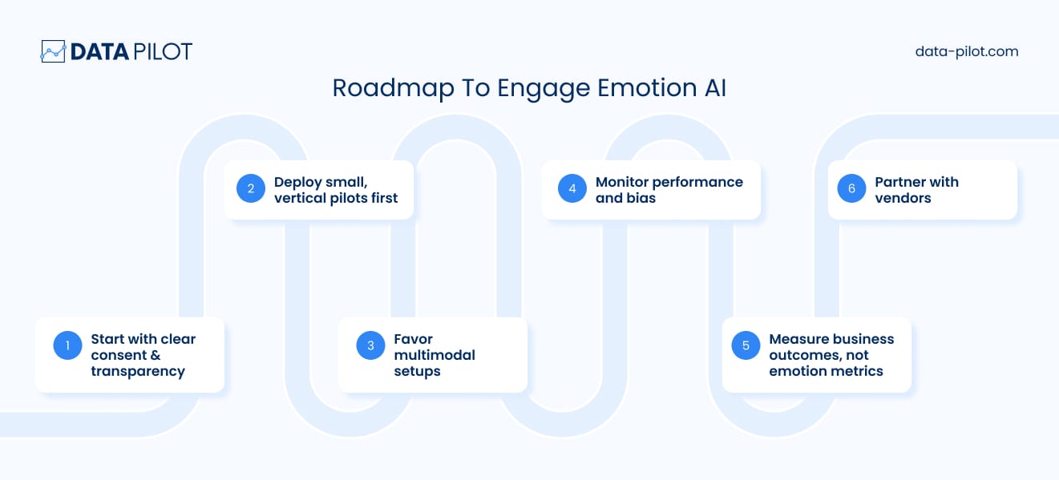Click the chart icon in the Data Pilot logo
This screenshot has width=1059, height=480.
pos(53,51)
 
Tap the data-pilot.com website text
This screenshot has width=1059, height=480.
pos(967,51)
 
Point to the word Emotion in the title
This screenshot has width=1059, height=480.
pos(647,88)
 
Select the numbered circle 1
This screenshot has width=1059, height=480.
pos(67,345)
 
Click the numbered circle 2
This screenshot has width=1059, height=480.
pos(251,188)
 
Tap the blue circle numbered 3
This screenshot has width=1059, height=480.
pos(370,345)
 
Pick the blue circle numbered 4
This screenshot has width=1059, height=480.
pos(572,188)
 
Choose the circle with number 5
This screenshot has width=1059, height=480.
pos(746,345)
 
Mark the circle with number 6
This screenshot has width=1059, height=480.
pos(851,188)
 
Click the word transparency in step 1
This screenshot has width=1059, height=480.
pos(138,372)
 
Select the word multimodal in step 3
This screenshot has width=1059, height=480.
pos(435,355)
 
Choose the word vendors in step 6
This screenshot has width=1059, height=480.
pos(903,199)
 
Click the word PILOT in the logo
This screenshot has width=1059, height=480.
pos(163,51)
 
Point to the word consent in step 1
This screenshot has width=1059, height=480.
pos(119,355)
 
